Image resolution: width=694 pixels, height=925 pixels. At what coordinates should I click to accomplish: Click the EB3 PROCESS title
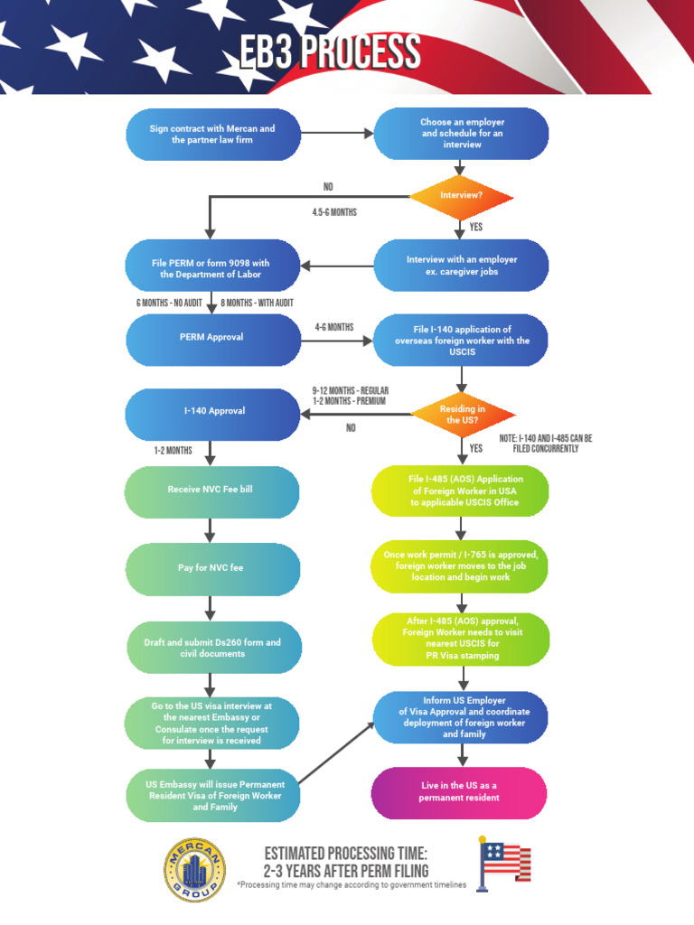tap(329, 53)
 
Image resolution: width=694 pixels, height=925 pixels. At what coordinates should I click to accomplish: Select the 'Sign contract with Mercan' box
tap(212, 135)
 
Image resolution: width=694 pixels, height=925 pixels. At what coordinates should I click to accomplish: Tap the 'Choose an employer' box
tap(461, 134)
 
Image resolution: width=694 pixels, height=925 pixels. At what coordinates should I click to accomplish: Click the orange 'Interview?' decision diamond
tap(461, 195)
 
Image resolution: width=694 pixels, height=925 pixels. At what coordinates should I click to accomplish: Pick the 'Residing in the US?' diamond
tap(462, 415)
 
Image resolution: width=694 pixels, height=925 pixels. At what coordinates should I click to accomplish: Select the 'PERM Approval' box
tap(212, 338)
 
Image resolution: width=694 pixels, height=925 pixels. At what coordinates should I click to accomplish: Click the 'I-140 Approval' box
tap(212, 411)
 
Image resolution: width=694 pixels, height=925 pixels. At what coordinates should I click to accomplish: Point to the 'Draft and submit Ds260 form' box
tap(212, 648)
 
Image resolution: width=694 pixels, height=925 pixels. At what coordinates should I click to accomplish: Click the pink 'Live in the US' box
tap(459, 792)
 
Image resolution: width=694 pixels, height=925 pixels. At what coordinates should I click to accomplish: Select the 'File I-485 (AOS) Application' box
tap(461, 491)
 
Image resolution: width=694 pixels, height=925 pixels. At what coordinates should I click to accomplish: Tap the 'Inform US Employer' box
tap(461, 717)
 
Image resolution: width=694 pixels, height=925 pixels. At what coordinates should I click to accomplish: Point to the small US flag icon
tap(504, 863)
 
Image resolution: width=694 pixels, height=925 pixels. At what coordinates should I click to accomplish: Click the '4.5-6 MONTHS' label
tap(334, 213)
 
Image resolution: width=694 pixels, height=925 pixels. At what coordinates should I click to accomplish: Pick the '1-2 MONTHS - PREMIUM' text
tap(349, 401)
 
